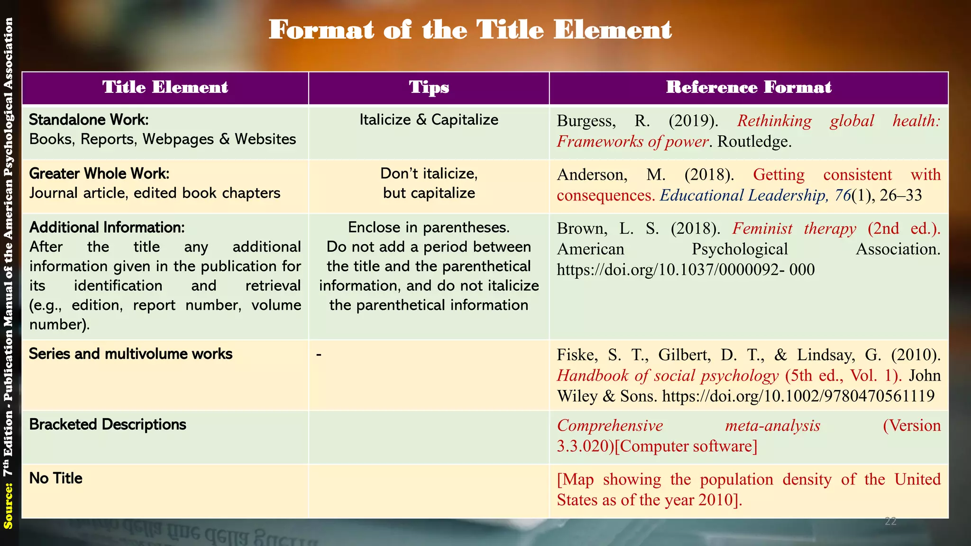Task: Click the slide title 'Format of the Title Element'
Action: tap(470, 30)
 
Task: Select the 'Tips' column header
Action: tap(429, 88)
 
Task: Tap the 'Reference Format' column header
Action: tap(749, 88)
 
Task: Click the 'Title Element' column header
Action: tap(165, 88)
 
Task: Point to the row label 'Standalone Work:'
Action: tap(89, 120)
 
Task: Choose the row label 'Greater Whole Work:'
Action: tap(99, 174)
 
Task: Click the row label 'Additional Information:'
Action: tap(107, 227)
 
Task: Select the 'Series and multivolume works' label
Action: tap(130, 354)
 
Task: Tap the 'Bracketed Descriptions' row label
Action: tap(108, 425)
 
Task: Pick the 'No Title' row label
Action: tap(55, 478)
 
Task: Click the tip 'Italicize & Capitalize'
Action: tap(429, 120)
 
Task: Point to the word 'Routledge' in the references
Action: tap(753, 142)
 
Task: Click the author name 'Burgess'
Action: tap(586, 121)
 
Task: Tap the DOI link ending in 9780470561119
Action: tap(798, 396)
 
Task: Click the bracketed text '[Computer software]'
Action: tap(686, 446)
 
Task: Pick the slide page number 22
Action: tap(890, 521)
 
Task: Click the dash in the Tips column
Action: tap(319, 355)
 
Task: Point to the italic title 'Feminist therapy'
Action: tap(794, 229)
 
